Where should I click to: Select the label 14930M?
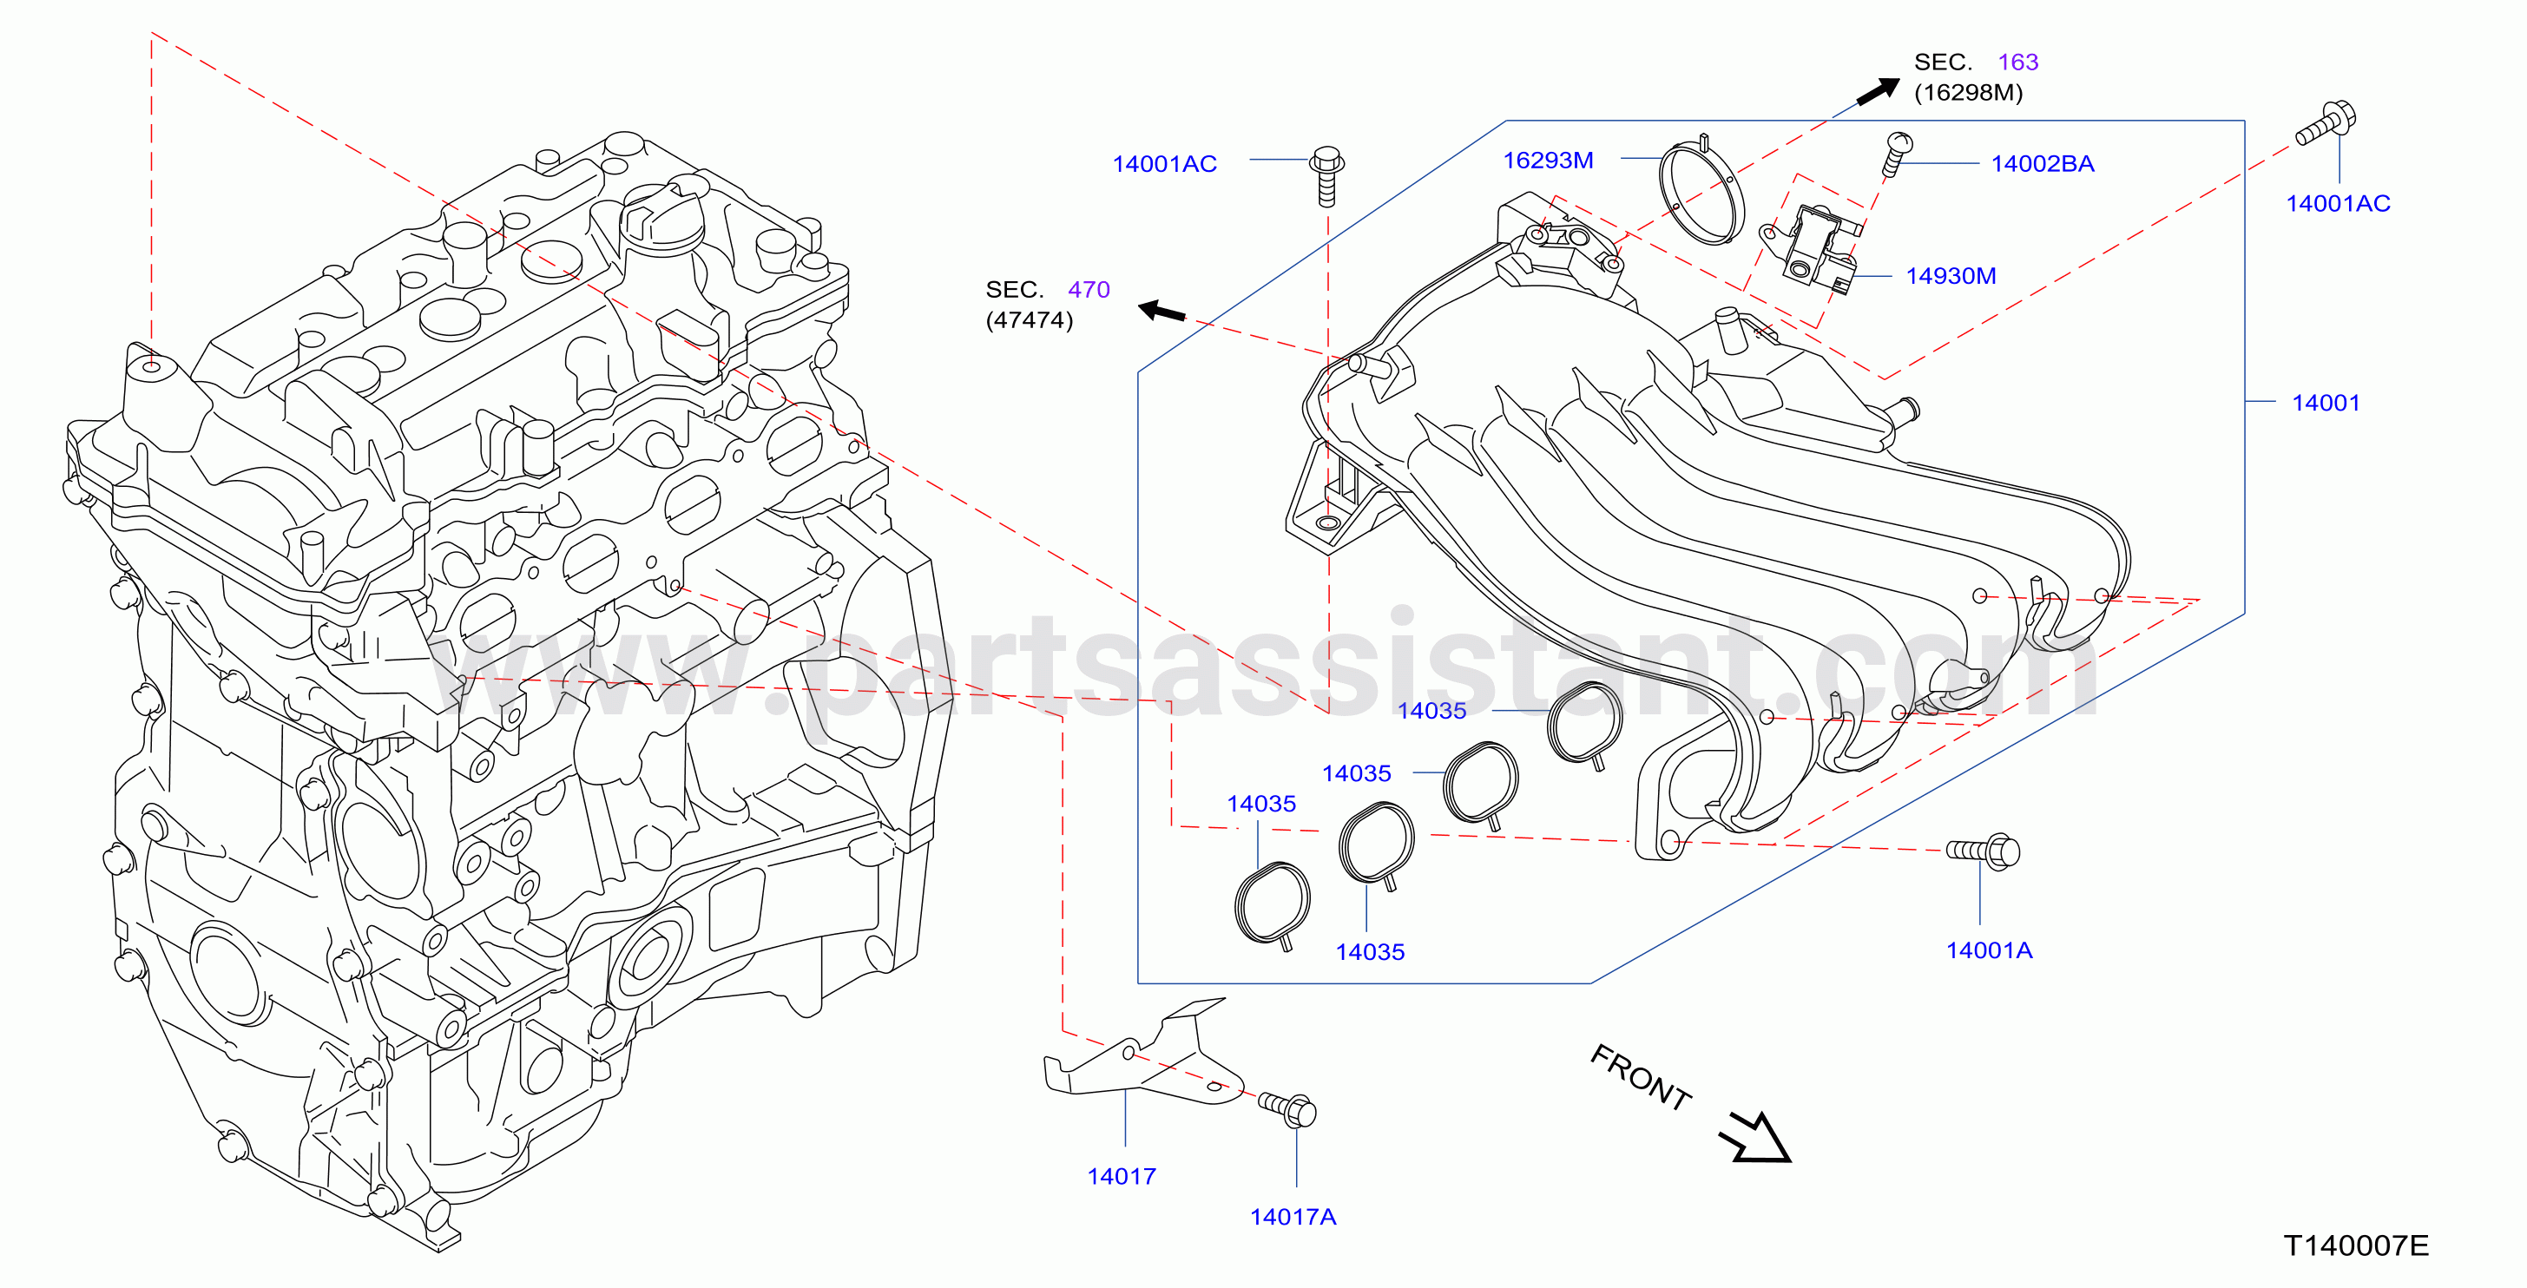pos(1951,276)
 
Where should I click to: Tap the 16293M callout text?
pos(1548,160)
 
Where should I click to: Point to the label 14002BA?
pos(2043,164)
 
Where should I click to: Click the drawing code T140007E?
pos(2356,1245)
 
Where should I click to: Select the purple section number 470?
pos(1089,289)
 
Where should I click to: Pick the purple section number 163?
pos(2018,62)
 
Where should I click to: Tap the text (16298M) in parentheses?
pos(1968,92)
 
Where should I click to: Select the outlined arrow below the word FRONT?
pos(1755,1138)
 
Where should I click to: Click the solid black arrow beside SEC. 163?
pos(1878,91)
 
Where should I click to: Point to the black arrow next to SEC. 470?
pos(1161,312)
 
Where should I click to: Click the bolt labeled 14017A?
pos(1287,1109)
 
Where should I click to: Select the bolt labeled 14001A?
pos(1984,851)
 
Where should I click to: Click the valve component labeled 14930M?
pos(1813,247)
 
